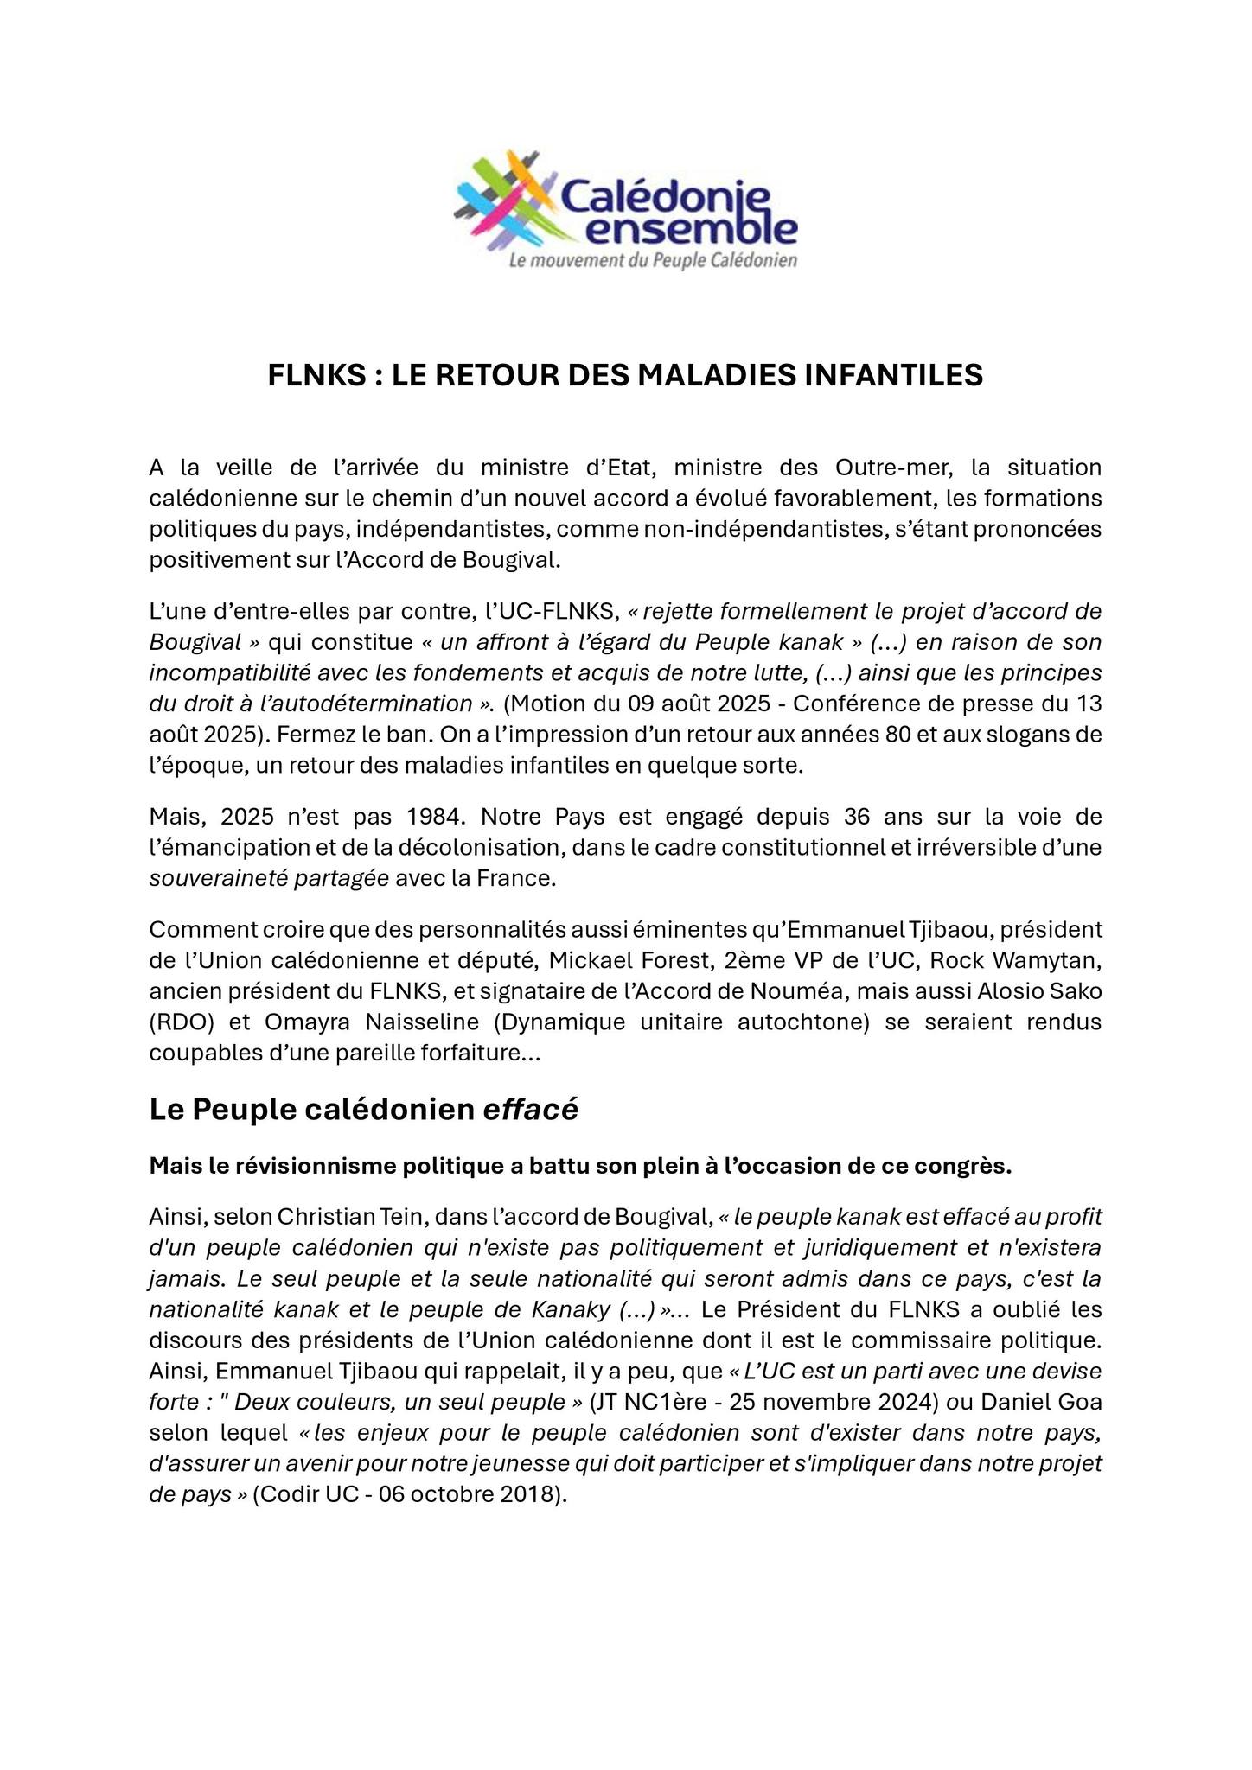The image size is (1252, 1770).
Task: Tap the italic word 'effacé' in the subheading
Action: tap(529, 1110)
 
